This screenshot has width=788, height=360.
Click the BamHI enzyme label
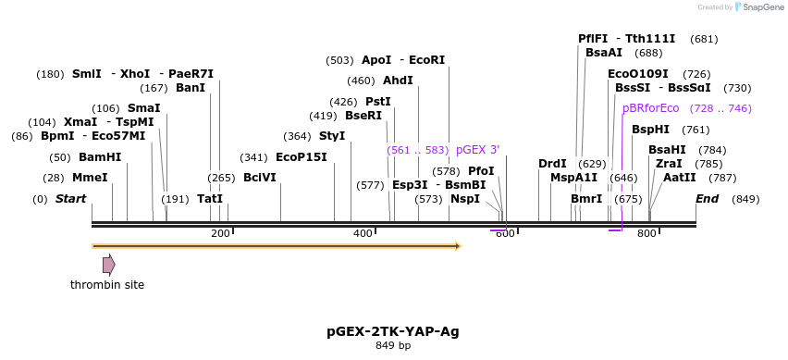99,157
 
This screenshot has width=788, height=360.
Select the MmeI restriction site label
90,178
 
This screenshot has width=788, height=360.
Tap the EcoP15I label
302,157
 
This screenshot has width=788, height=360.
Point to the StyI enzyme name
332,136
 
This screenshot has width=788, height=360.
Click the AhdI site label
398,81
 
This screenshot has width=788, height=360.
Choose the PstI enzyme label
378,102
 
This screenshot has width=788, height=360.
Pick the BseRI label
363,116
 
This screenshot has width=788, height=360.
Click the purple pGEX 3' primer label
477,150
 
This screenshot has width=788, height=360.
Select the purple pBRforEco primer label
651,108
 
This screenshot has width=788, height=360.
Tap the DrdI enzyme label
552,164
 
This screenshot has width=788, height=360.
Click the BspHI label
650,130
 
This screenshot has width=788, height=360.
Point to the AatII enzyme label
680,178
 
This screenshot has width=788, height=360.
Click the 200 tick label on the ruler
220,233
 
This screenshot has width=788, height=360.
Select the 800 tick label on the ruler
646,233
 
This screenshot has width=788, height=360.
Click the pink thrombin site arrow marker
109,265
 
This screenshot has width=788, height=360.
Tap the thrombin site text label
107,285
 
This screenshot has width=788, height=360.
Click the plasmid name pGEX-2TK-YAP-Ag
393,330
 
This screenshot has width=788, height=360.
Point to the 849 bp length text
393,346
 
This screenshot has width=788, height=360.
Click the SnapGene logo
758,7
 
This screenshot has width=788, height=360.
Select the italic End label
707,199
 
